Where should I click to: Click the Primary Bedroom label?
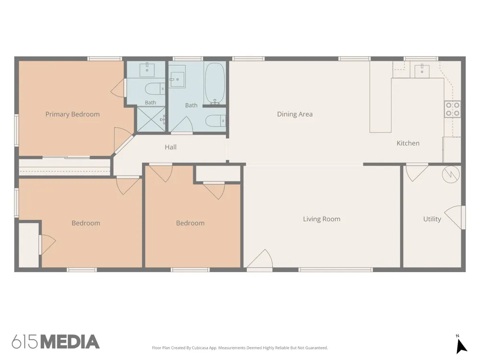(x=72, y=114)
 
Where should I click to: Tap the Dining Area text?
(x=295, y=114)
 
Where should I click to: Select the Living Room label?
(x=322, y=219)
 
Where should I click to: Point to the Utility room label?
(x=432, y=219)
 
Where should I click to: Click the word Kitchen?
(x=408, y=143)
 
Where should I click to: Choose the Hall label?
(x=170, y=147)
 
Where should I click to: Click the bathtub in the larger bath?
(x=215, y=83)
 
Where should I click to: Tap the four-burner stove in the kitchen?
(x=453, y=109)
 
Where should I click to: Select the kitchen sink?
(x=422, y=71)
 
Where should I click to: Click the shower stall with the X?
(x=151, y=120)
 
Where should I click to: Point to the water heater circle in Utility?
(x=451, y=175)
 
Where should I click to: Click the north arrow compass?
(x=461, y=345)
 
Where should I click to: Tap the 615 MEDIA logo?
(x=55, y=342)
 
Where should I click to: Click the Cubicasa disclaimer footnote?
(x=240, y=348)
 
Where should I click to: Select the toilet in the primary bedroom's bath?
(x=155, y=89)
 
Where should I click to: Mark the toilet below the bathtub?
(x=216, y=120)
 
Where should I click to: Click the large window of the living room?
(x=336, y=270)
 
